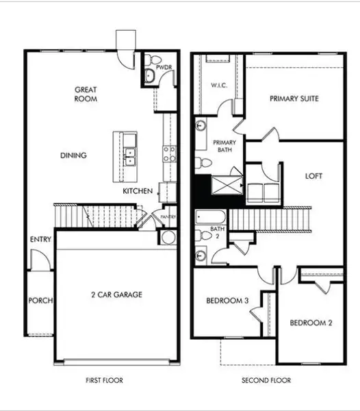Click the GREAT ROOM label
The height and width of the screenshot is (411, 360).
pos(86,94)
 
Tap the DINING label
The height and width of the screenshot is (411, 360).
pos(73,155)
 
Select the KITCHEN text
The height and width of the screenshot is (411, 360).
pos(138,191)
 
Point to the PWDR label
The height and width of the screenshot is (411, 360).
pos(162,68)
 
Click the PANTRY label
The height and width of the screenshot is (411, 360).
pos(168,217)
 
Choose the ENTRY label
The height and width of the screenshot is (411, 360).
pos(39,240)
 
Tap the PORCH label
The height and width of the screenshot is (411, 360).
pos(40,300)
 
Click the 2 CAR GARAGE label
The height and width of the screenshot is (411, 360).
pos(116,295)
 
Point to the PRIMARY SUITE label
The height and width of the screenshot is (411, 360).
pos(294,99)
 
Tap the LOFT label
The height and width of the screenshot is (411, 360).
pos(314,175)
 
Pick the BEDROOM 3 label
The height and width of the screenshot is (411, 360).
pos(227,301)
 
